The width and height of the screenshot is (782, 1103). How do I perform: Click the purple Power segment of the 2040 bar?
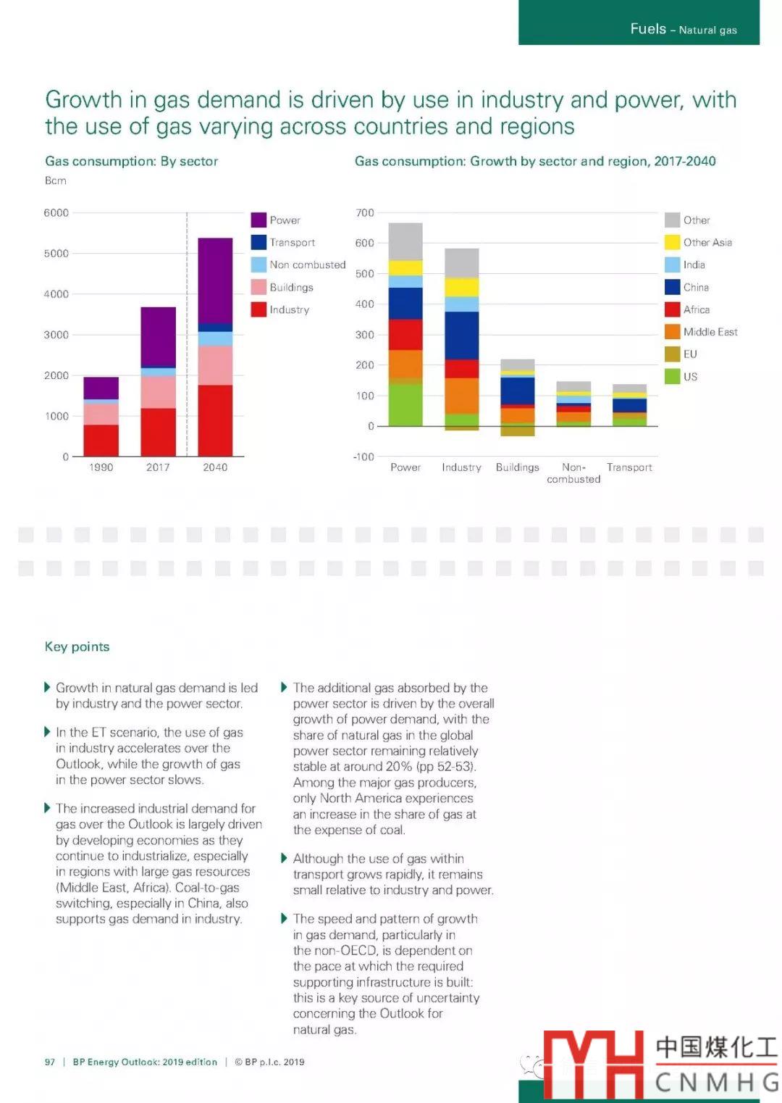click(x=215, y=280)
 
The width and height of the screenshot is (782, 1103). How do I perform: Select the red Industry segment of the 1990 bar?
click(x=101, y=440)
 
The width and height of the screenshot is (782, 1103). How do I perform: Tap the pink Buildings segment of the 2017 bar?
click(x=158, y=392)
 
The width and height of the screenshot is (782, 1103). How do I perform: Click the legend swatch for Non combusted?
click(x=258, y=265)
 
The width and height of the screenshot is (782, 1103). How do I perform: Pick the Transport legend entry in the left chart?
click(x=292, y=242)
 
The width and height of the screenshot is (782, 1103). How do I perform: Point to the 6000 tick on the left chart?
click(x=56, y=212)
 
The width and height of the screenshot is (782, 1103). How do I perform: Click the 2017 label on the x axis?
click(x=158, y=467)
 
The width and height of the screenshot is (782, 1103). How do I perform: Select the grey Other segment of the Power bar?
click(x=405, y=241)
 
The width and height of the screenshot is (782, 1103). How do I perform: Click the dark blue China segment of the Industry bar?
click(x=462, y=335)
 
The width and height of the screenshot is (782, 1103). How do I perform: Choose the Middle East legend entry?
click(x=710, y=332)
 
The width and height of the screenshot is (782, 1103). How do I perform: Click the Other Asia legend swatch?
click(x=672, y=242)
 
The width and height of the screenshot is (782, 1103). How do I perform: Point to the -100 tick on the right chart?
click(x=363, y=457)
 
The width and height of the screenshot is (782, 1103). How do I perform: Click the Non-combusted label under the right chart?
click(x=573, y=473)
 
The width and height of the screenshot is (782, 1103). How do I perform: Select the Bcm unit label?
click(x=56, y=180)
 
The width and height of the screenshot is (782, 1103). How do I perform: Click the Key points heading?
click(x=77, y=646)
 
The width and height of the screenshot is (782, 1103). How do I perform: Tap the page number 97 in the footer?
click(x=50, y=1062)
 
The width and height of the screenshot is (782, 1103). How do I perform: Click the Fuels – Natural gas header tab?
click(x=683, y=29)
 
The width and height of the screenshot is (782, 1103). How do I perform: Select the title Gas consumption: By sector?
click(x=131, y=161)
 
